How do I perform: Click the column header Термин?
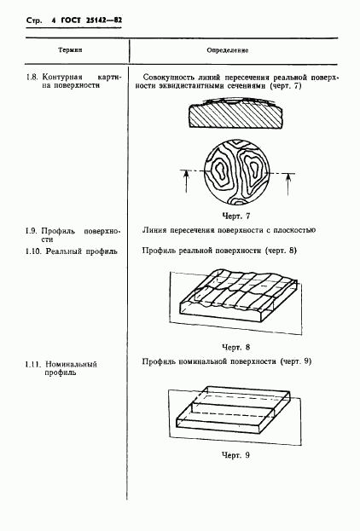click(x=70, y=50)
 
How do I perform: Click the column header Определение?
click(x=228, y=50)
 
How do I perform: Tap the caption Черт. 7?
click(x=236, y=216)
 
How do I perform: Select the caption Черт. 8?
click(x=236, y=347)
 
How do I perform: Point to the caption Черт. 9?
click(x=236, y=455)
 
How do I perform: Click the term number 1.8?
click(x=32, y=78)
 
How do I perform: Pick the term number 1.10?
click(x=33, y=251)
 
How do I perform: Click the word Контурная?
click(x=62, y=78)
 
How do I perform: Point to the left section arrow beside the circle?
click(x=186, y=182)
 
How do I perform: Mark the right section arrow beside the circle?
click(x=287, y=184)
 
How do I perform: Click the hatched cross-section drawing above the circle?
click(x=235, y=114)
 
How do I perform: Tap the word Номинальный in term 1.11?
click(x=71, y=365)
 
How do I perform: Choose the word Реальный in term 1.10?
click(x=64, y=251)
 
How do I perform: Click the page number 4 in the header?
click(x=54, y=20)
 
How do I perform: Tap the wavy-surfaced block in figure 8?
click(x=238, y=294)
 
